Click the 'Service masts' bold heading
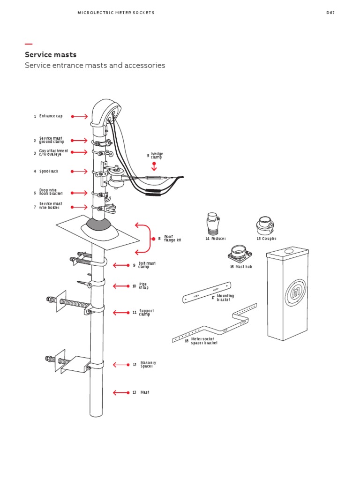point(51,55)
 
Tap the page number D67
point(330,13)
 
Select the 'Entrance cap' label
point(51,116)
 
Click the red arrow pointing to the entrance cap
point(80,116)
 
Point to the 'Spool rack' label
point(49,172)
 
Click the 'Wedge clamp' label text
point(157,156)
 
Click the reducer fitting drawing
point(213,224)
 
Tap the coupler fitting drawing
point(264,225)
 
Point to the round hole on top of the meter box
point(287,252)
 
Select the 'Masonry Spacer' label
point(148,364)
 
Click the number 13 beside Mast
point(135,392)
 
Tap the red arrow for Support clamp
point(120,313)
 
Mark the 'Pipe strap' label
point(143,286)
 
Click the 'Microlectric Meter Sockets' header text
point(116,13)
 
